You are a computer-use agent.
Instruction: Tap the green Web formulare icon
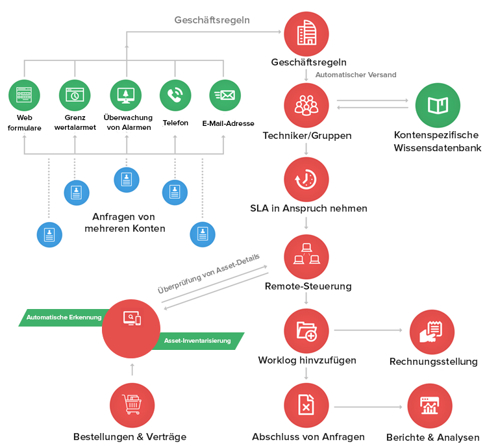click(x=25, y=95)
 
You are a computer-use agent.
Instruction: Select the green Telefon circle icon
click(x=175, y=95)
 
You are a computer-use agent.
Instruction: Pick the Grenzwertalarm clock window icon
click(x=75, y=95)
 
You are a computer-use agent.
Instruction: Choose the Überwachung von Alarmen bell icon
click(x=126, y=95)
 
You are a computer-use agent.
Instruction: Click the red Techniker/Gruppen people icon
click(x=306, y=105)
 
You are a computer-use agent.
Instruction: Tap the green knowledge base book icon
click(x=438, y=105)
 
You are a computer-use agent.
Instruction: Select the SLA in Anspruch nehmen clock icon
click(x=306, y=180)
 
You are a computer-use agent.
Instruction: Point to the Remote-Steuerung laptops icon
click(x=306, y=256)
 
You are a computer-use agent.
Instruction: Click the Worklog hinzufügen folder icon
click(x=306, y=331)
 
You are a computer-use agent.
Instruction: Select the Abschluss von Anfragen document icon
click(x=306, y=406)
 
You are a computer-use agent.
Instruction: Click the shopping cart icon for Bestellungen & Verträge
click(x=132, y=405)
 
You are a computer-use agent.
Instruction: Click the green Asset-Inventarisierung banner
click(x=198, y=340)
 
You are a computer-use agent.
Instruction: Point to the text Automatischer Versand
click(x=355, y=75)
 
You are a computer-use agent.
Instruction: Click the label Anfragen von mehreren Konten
click(x=125, y=222)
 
